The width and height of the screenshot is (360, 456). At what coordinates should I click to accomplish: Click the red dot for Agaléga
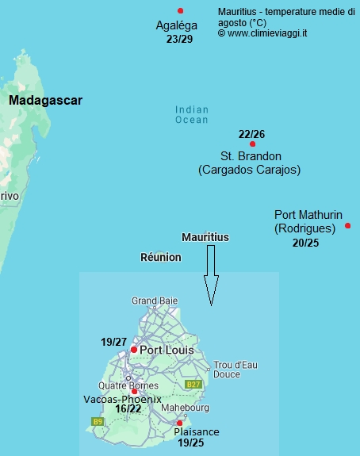point(181,10)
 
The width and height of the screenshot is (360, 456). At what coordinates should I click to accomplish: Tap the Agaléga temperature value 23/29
point(179,39)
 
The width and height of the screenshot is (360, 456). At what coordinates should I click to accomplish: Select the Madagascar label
point(45,101)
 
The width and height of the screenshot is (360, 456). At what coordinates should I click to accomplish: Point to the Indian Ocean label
point(191,115)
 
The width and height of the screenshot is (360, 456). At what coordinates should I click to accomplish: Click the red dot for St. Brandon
point(252,144)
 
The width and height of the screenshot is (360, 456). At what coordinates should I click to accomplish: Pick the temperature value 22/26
point(251,133)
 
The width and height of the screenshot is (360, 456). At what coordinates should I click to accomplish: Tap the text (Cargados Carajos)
point(249,170)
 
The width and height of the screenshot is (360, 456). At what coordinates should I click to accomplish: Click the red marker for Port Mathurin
point(348,226)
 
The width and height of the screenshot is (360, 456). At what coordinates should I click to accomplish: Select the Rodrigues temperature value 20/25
point(305,243)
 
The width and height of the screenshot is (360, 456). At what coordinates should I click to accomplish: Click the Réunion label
point(160,257)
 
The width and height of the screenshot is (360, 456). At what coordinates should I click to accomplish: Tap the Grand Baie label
point(155,301)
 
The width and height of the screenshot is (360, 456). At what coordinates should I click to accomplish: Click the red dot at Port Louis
point(134,349)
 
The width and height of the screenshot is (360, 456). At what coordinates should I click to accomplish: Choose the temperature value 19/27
point(113,342)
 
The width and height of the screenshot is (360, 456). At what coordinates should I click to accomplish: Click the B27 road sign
point(193,384)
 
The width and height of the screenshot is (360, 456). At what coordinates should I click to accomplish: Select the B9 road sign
point(98,421)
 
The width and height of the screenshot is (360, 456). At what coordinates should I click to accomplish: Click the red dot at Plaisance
point(179,423)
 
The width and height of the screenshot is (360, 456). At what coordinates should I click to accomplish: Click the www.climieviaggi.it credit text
point(267,33)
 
